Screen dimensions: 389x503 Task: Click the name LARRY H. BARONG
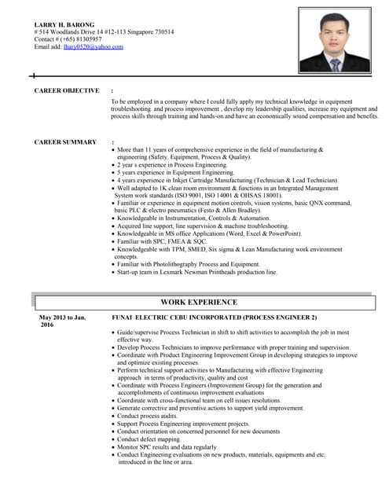tap(64, 24)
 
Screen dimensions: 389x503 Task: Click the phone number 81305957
tap(84, 39)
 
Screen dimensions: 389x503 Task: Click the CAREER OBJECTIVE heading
tap(67, 91)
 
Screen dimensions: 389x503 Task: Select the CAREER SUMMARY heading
tap(65, 141)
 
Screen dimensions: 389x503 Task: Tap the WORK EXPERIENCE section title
tap(198, 302)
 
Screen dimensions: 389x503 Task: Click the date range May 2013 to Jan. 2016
tap(62, 321)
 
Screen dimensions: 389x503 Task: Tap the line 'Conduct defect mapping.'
tap(155, 439)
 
